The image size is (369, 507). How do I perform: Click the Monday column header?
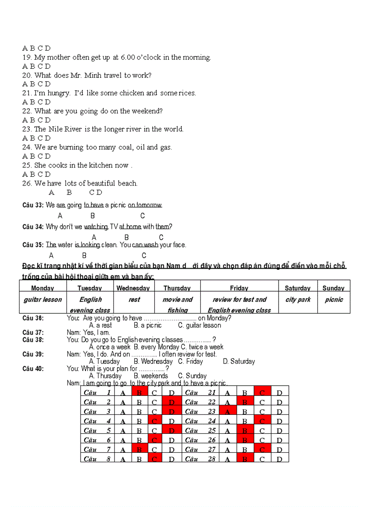click(x=43, y=288)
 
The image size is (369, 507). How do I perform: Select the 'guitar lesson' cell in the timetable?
click(x=43, y=299)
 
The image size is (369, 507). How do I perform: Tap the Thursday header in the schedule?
click(x=177, y=288)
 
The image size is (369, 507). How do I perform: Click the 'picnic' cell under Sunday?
click(x=334, y=299)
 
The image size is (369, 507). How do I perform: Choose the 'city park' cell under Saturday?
click(x=298, y=299)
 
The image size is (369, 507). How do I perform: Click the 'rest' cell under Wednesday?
click(x=134, y=299)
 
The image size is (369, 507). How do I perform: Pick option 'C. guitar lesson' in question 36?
click(x=199, y=325)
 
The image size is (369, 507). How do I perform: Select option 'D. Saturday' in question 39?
click(x=239, y=361)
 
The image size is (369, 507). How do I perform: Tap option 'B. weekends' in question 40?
click(x=151, y=376)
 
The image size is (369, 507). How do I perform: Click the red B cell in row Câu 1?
click(x=140, y=393)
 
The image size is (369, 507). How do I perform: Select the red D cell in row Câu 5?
click(x=172, y=431)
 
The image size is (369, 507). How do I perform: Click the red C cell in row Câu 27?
click(x=262, y=450)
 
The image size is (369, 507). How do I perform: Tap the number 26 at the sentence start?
click(x=26, y=183)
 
